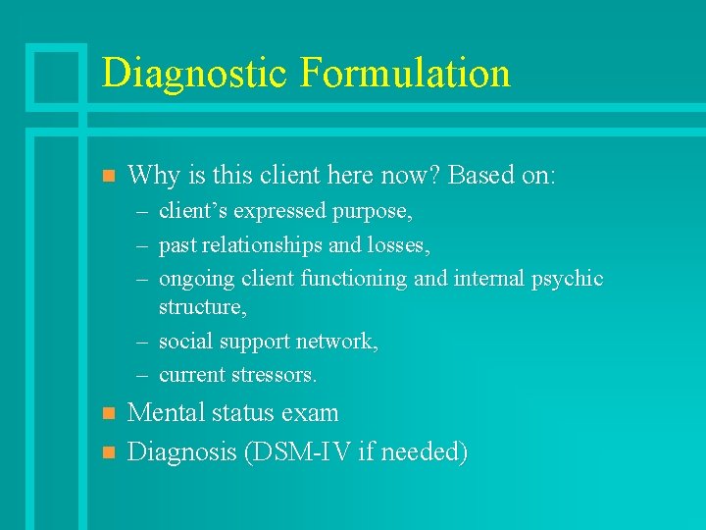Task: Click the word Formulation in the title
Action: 406,74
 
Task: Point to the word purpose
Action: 373,212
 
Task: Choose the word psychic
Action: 567,279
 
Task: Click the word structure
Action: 201,307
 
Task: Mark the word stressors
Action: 271,375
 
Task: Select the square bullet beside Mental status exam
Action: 109,413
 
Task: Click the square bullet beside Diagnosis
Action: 109,452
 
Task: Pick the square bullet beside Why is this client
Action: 109,178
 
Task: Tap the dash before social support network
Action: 143,343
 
